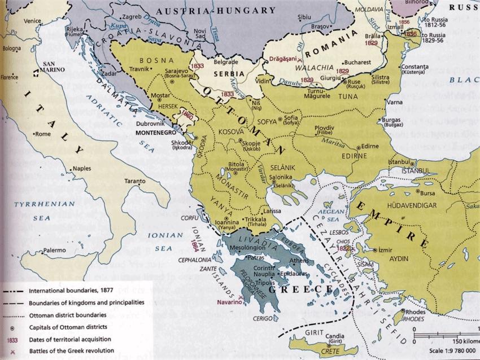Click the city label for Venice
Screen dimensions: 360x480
click(x=33, y=21)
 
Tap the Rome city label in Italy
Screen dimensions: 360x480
click(x=43, y=134)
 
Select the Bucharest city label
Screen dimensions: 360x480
click(x=357, y=63)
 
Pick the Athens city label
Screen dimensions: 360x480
click(x=299, y=261)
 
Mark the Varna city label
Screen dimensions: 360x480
click(x=395, y=103)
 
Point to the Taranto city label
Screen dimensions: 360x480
click(x=135, y=181)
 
